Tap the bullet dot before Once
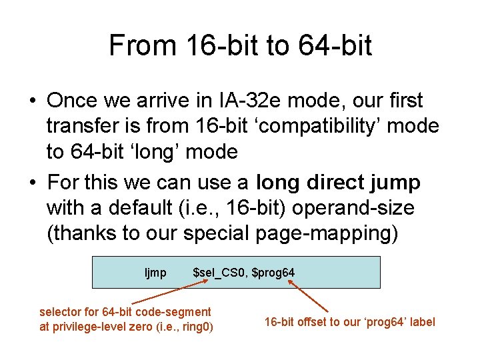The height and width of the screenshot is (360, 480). click(x=32, y=101)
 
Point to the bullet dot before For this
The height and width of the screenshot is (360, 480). click(x=32, y=183)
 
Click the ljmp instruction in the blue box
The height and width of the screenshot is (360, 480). click(x=155, y=273)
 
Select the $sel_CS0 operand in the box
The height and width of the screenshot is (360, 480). click(x=220, y=273)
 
